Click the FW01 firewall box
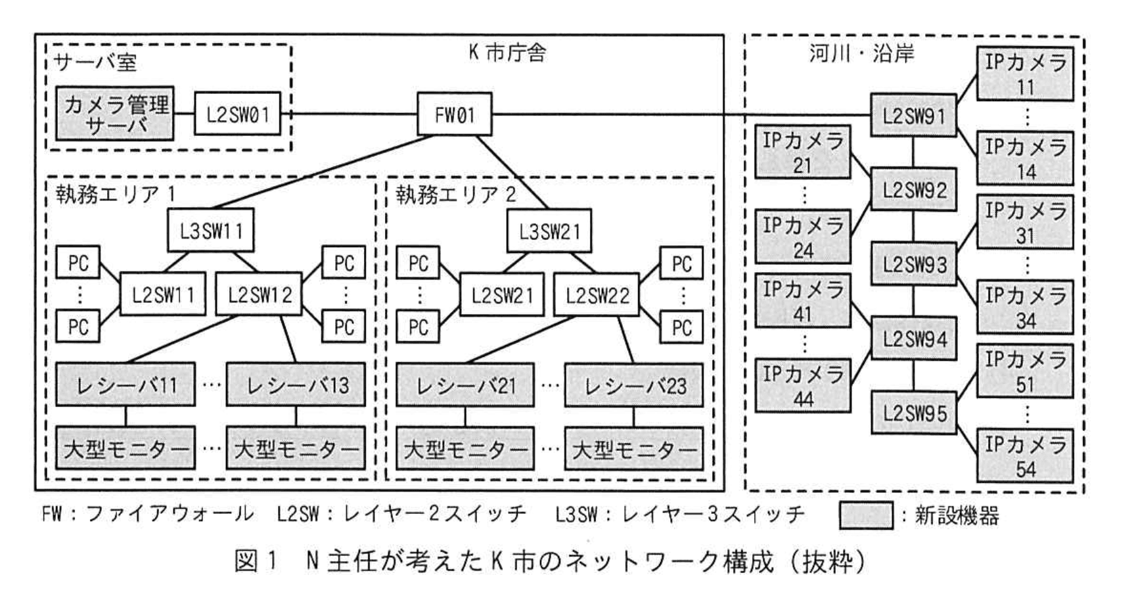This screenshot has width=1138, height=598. point(454,115)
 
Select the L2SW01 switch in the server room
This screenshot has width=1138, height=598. point(237,114)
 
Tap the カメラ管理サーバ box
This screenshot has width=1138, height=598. point(115,114)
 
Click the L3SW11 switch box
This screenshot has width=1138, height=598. point(210,231)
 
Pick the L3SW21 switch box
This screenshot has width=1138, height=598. point(549,231)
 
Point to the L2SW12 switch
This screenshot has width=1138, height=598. point(260,295)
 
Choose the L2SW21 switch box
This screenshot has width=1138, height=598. point(502,295)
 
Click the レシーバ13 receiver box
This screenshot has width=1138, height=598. point(296,384)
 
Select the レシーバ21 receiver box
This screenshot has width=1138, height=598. point(465,384)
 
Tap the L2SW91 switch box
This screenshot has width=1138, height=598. point(913,116)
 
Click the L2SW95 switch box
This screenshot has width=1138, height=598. point(913,413)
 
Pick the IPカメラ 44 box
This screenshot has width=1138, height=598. point(802,386)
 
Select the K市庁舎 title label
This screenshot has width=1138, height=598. point(507,53)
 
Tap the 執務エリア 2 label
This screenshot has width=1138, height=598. point(455,195)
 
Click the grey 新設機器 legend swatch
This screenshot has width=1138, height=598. point(866,515)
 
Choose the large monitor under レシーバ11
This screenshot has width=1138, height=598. point(125,448)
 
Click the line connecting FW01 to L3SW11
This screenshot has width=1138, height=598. point(322,172)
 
